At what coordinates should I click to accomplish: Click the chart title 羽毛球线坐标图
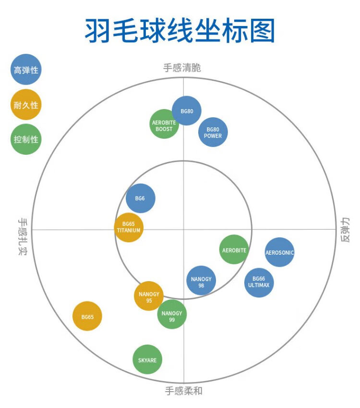(180, 31)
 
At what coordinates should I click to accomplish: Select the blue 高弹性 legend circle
(26, 70)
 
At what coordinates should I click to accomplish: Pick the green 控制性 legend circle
(26, 139)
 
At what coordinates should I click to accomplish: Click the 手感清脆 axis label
(182, 68)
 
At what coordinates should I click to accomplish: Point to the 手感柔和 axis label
(184, 390)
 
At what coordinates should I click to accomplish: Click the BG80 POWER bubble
(213, 132)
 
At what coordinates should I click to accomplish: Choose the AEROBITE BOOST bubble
(164, 124)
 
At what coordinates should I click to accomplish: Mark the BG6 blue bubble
(141, 198)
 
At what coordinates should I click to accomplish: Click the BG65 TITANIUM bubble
(129, 227)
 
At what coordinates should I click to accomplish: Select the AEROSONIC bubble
(279, 252)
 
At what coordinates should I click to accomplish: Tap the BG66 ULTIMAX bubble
(259, 282)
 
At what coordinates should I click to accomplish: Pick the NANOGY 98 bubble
(201, 281)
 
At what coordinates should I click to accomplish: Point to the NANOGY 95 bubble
(149, 296)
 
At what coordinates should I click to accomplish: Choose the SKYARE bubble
(147, 360)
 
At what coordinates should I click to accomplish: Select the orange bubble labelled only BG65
(87, 316)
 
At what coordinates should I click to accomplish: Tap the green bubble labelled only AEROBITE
(234, 250)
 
